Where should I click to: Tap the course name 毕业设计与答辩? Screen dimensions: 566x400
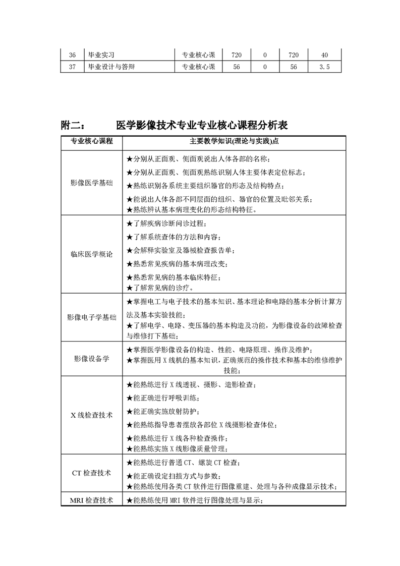(x=111, y=67)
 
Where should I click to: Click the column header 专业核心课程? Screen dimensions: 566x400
(x=91, y=141)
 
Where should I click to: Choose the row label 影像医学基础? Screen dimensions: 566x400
(x=91, y=183)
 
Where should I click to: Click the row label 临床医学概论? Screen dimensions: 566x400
(x=91, y=255)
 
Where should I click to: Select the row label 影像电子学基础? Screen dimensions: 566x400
(x=91, y=317)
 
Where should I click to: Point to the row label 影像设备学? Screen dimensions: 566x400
(x=91, y=359)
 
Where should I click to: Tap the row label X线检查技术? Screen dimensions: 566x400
(x=91, y=415)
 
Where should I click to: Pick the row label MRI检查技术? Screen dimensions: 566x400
(x=91, y=500)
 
